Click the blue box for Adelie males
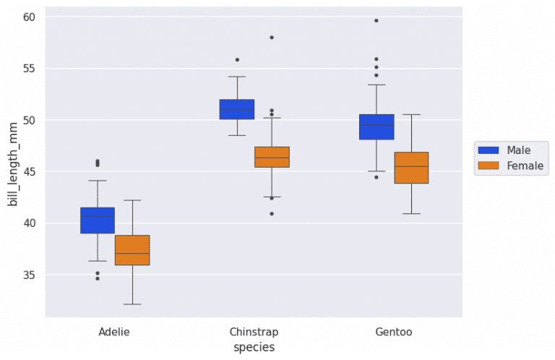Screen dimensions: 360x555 [98, 220]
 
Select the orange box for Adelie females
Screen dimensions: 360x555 [132, 250]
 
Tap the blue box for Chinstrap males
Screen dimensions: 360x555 [237, 109]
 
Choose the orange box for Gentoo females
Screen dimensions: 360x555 [411, 168]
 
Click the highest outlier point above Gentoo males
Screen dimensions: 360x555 [377, 20]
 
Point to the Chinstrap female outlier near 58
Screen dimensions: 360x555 [272, 37]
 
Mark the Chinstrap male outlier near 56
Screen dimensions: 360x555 [237, 60]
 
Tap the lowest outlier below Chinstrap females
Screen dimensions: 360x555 [272, 214]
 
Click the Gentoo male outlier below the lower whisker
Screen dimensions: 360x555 [377, 177]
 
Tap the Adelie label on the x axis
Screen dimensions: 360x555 [115, 333]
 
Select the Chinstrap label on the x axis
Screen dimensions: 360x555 [254, 333]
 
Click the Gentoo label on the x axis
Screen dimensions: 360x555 [394, 333]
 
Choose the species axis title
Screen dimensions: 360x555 [254, 348]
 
